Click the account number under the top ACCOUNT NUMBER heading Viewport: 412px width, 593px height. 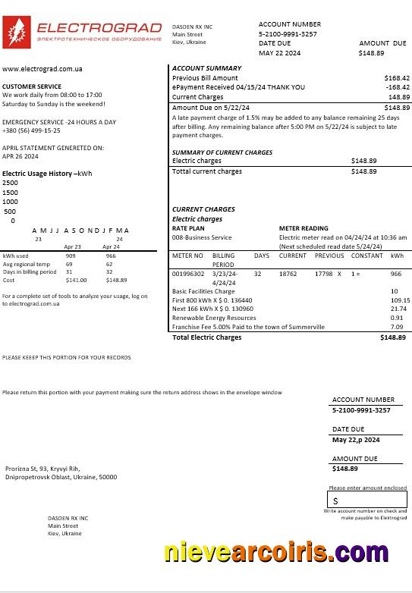point(288,34)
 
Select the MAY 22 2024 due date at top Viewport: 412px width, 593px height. point(279,53)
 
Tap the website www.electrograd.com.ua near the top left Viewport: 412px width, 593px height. point(42,69)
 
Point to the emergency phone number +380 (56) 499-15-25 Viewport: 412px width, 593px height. point(31,130)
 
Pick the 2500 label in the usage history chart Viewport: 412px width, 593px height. point(10,183)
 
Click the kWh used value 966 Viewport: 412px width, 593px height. point(111,256)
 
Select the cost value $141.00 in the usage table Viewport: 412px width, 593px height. point(77,280)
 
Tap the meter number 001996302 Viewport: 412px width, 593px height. point(187,273)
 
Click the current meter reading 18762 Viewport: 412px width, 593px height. point(288,273)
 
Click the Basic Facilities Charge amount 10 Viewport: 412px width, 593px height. point(394,291)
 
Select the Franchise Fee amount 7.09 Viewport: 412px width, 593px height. point(396,327)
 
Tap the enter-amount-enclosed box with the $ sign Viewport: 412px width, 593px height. point(367,500)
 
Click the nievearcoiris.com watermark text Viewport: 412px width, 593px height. point(287,551)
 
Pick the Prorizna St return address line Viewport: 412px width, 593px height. point(42,469)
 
